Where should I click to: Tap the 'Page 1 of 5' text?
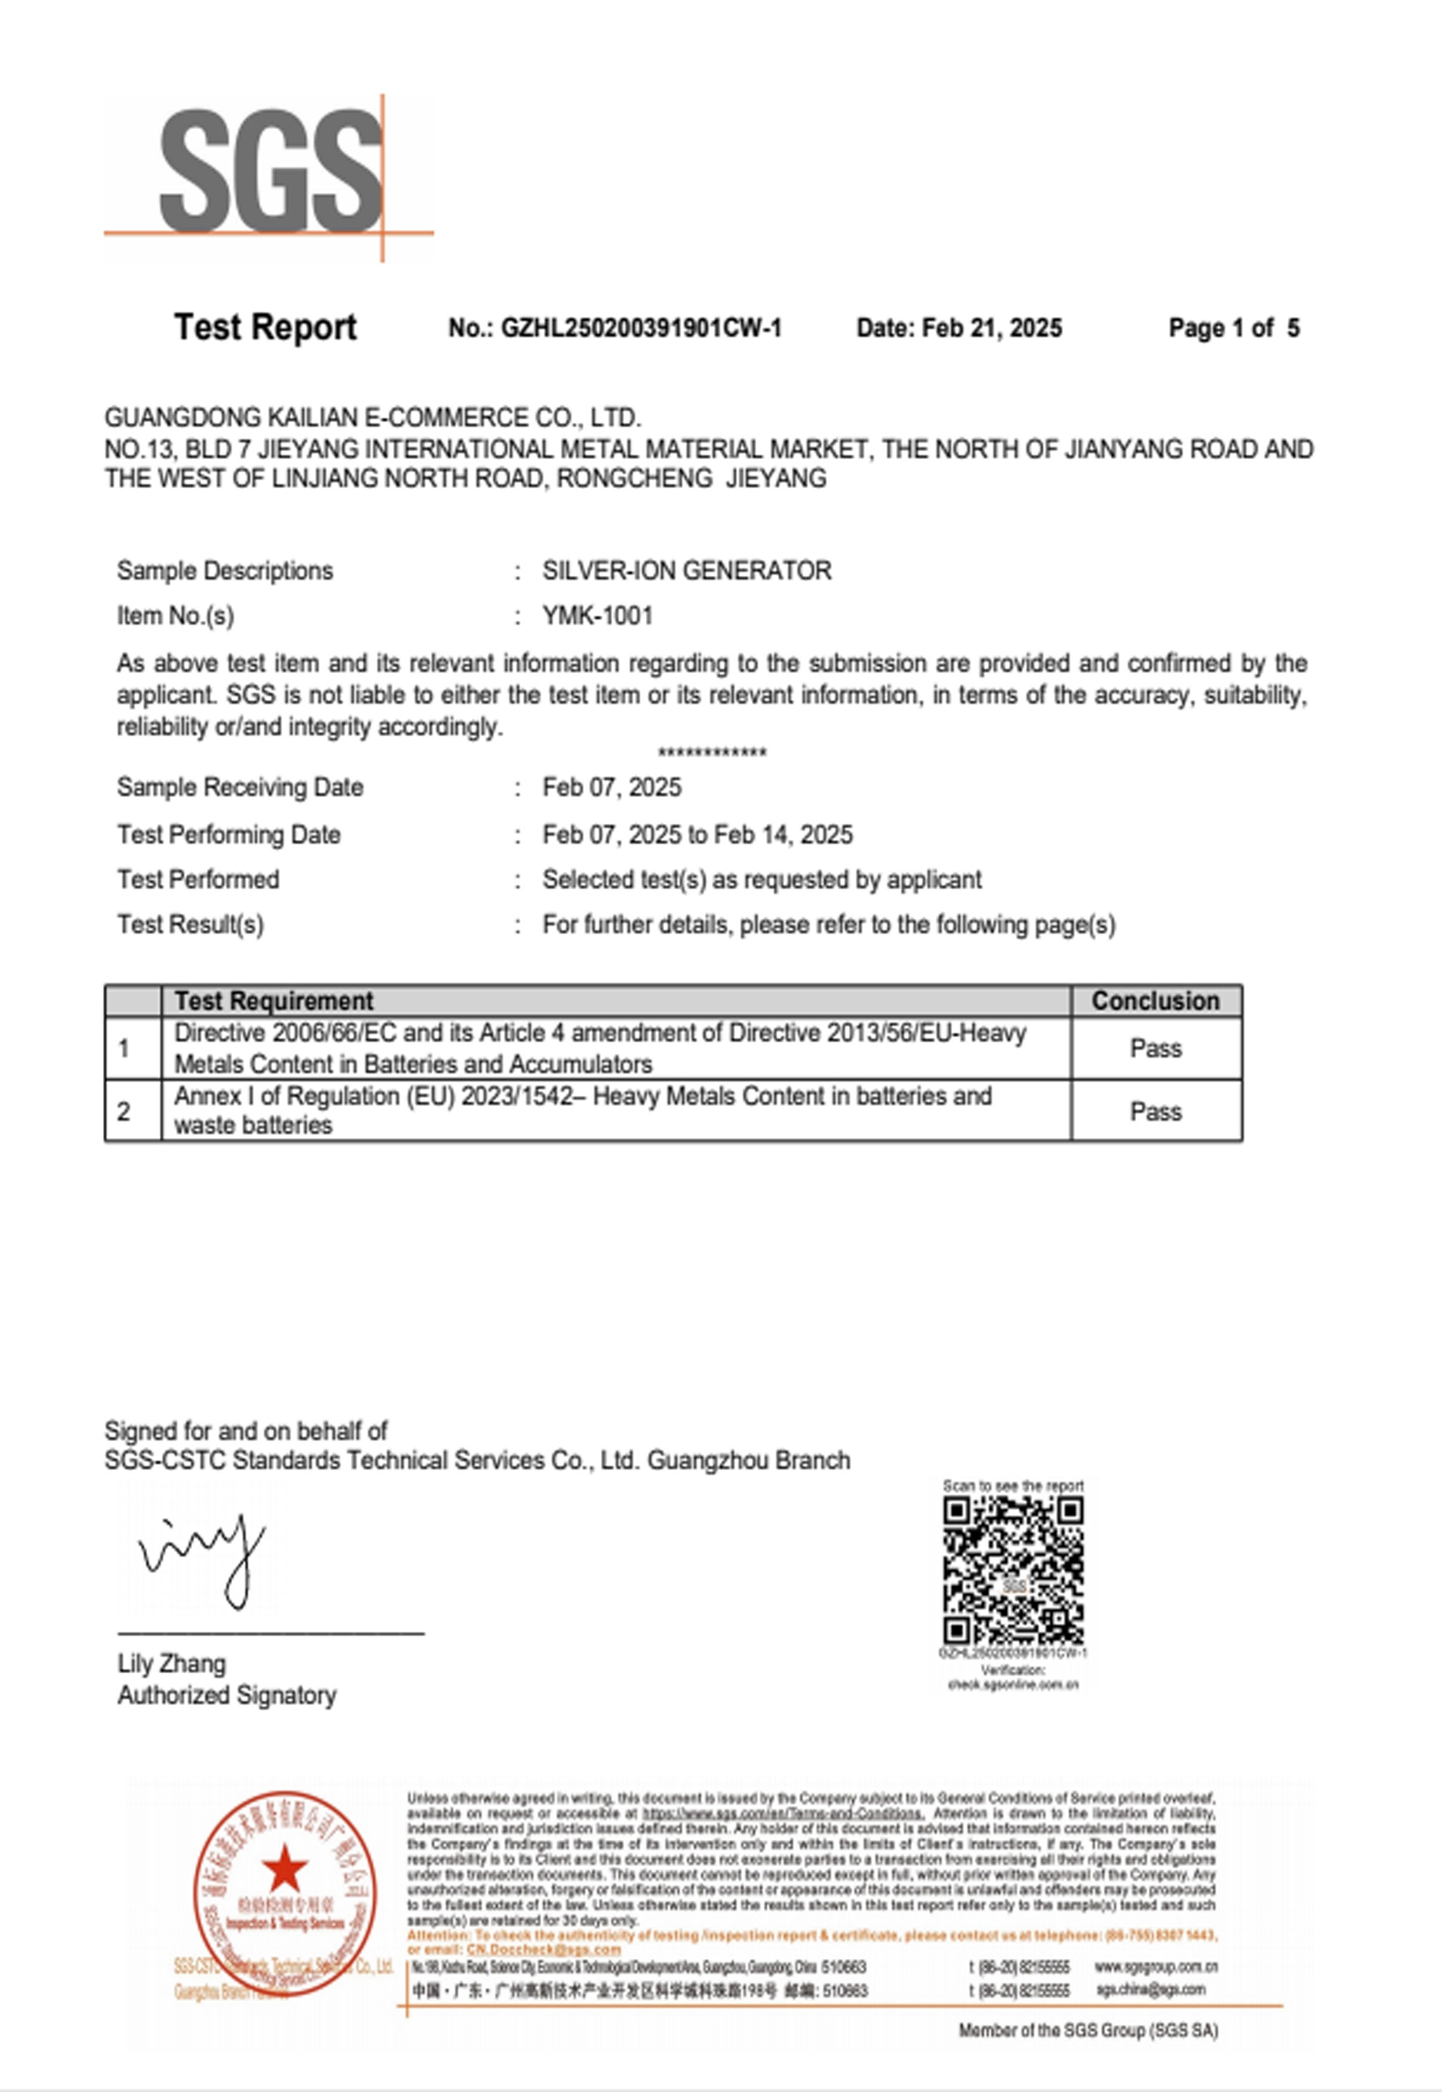coord(1233,328)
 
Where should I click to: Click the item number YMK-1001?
coord(597,616)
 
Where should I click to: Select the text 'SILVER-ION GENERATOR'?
coord(687,571)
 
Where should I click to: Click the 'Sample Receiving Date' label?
coord(240,787)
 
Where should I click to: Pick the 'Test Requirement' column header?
coord(273,1000)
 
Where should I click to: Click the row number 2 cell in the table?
coord(124,1112)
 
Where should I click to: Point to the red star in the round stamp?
coord(284,1868)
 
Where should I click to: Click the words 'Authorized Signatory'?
coord(227,1695)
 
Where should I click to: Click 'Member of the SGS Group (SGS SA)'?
coord(1088,2029)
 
